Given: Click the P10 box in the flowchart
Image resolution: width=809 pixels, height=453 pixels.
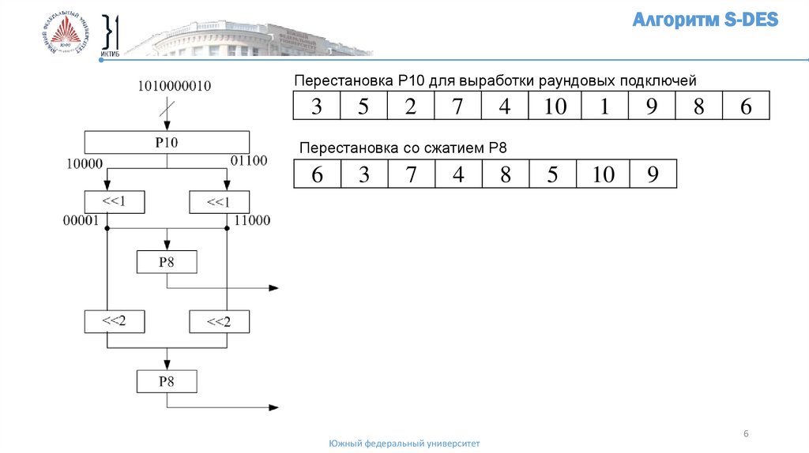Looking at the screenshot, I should pyautogui.click(x=166, y=142).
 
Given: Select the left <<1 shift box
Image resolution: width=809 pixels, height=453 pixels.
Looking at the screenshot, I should pyautogui.click(x=114, y=202).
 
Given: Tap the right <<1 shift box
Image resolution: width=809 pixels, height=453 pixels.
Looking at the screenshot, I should pyautogui.click(x=218, y=203).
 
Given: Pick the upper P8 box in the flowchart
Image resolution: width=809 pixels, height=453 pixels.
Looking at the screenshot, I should pyautogui.click(x=166, y=262).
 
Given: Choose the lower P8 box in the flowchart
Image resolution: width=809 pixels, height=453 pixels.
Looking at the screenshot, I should pyautogui.click(x=166, y=382).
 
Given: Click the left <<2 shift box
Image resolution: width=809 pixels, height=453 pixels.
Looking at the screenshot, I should pyautogui.click(x=114, y=321).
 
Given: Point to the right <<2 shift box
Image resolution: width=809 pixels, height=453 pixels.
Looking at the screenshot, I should pyautogui.click(x=218, y=322).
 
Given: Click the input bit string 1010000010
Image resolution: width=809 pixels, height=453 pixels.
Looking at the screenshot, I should pyautogui.click(x=175, y=86).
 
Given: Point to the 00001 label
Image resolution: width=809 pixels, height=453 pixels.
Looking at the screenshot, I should pyautogui.click(x=81, y=222).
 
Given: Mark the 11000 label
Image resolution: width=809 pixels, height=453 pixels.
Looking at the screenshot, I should pyautogui.click(x=252, y=222).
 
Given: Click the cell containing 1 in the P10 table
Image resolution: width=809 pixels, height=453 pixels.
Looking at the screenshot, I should pyautogui.click(x=604, y=106).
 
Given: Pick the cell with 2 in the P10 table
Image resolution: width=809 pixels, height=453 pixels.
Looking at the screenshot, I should pyautogui.click(x=411, y=106).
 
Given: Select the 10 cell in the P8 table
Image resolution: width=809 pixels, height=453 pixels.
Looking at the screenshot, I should pyautogui.click(x=604, y=174).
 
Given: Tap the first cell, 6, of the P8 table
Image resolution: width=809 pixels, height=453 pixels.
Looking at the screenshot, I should pyautogui.click(x=317, y=174).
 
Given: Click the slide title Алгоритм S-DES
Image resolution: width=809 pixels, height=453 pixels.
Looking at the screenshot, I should pyautogui.click(x=706, y=21).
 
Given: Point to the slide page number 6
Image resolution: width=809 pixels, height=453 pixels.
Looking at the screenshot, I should pyautogui.click(x=746, y=433).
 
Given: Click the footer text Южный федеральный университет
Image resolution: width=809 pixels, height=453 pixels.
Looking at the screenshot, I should pyautogui.click(x=404, y=444).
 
